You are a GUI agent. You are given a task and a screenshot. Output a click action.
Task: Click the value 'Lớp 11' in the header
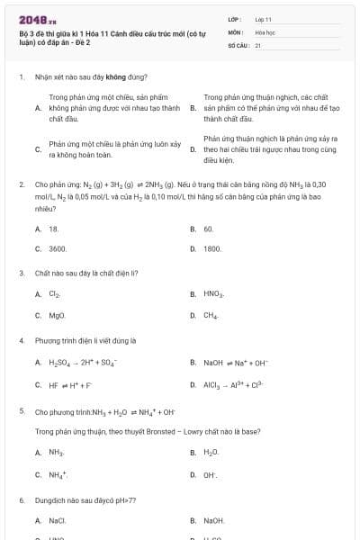(x=264, y=19)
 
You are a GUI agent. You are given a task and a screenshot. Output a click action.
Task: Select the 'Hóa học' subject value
(x=265, y=31)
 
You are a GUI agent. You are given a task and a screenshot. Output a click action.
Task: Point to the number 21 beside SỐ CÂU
(x=258, y=44)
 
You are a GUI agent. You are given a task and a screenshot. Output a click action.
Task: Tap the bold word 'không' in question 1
(x=118, y=77)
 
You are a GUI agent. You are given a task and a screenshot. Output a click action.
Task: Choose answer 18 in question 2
(x=53, y=229)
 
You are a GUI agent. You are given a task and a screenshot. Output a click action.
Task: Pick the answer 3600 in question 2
(x=58, y=247)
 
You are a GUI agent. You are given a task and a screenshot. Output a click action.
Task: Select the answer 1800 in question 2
(x=212, y=247)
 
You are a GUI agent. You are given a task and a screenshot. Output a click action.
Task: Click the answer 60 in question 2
(x=208, y=229)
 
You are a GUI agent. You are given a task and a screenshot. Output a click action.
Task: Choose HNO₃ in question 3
(x=213, y=294)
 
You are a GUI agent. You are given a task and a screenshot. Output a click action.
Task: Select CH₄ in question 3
(x=211, y=316)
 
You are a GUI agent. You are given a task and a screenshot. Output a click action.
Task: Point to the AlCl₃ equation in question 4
(x=233, y=384)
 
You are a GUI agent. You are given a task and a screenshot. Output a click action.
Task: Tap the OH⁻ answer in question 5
(x=211, y=474)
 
